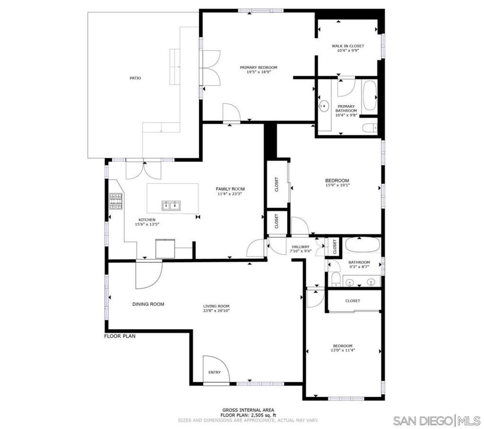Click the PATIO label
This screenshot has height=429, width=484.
(136, 78)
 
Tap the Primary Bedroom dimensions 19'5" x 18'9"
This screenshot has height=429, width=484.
(258, 72)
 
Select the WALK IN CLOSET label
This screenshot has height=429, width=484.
(347, 46)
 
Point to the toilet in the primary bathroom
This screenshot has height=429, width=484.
(370, 127)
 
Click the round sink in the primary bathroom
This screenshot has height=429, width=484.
(324, 106)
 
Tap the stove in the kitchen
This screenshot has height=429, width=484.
(116, 202)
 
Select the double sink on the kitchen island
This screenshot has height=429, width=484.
(172, 205)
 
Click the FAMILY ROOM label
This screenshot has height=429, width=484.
(231, 189)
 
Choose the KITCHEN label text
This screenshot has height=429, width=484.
(147, 220)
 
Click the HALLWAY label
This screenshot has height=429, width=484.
(301, 247)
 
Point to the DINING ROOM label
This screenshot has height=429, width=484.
(148, 304)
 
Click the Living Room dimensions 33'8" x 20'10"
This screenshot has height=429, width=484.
(216, 311)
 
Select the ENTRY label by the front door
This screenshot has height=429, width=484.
(214, 372)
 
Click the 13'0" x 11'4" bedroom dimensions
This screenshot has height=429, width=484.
(343, 351)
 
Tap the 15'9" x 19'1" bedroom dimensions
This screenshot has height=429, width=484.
(337, 186)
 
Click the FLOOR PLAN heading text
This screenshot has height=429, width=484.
(120, 337)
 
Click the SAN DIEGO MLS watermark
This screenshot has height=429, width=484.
(437, 420)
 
